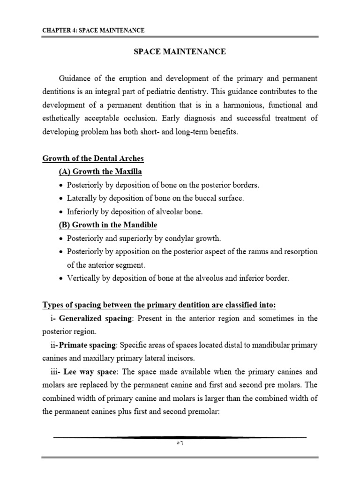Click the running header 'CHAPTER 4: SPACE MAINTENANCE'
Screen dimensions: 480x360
click(x=93, y=30)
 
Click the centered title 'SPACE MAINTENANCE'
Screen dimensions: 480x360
click(x=180, y=52)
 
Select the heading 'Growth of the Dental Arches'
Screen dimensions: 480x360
click(x=93, y=158)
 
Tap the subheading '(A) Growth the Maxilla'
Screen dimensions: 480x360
click(x=100, y=172)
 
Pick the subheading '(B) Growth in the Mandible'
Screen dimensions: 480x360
click(x=108, y=225)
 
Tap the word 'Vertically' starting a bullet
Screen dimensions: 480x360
click(x=84, y=278)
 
